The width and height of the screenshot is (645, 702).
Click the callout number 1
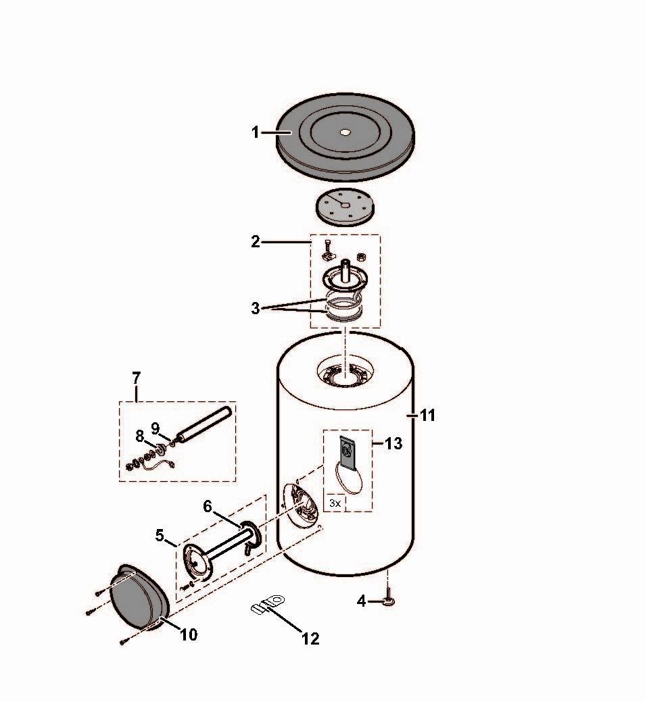point(256,132)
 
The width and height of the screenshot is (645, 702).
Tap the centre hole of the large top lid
point(345,132)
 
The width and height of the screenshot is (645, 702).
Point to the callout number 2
point(256,242)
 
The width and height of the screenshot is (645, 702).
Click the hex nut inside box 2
point(362,257)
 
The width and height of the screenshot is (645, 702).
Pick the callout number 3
point(256,308)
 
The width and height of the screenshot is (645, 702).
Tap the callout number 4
point(362,601)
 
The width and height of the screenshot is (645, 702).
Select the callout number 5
point(160,535)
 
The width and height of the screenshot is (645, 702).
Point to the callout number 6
point(208,506)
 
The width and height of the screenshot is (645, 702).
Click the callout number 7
point(137,378)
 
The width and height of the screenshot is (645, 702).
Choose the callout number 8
point(140,436)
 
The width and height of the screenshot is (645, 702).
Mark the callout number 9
point(156,428)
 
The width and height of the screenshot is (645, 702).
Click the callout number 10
point(189,634)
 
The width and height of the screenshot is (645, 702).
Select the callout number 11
point(428,416)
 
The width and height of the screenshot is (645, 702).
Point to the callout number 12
point(310,639)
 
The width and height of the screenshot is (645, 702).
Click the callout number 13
point(393,443)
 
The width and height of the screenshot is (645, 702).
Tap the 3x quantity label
point(335,503)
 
